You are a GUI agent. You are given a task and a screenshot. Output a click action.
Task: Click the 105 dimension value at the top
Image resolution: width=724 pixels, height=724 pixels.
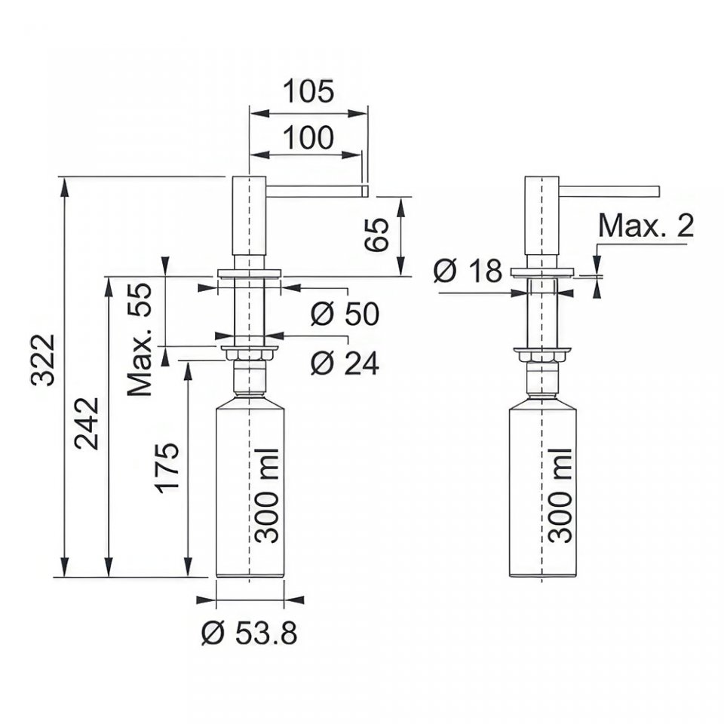308,91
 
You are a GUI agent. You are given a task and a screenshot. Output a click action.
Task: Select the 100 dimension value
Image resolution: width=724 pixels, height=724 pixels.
308,137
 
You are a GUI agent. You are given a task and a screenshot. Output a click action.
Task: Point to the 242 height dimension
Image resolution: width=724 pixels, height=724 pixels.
87,423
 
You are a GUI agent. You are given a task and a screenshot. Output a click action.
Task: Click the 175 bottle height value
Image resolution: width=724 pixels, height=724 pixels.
167,468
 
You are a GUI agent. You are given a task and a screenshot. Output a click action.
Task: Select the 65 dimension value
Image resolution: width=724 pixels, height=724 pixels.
376,235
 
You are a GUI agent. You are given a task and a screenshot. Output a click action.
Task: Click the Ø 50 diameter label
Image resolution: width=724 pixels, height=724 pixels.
345,314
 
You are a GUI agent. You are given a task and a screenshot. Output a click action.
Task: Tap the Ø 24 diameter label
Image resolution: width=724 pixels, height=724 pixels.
345,363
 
